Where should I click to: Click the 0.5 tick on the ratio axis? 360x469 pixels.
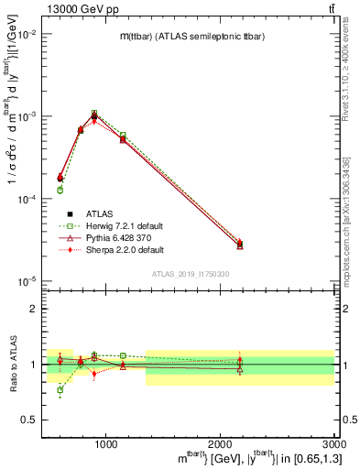click(31, 420)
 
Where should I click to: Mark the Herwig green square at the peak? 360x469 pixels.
click(94, 114)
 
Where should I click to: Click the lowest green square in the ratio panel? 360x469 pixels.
click(60, 390)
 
